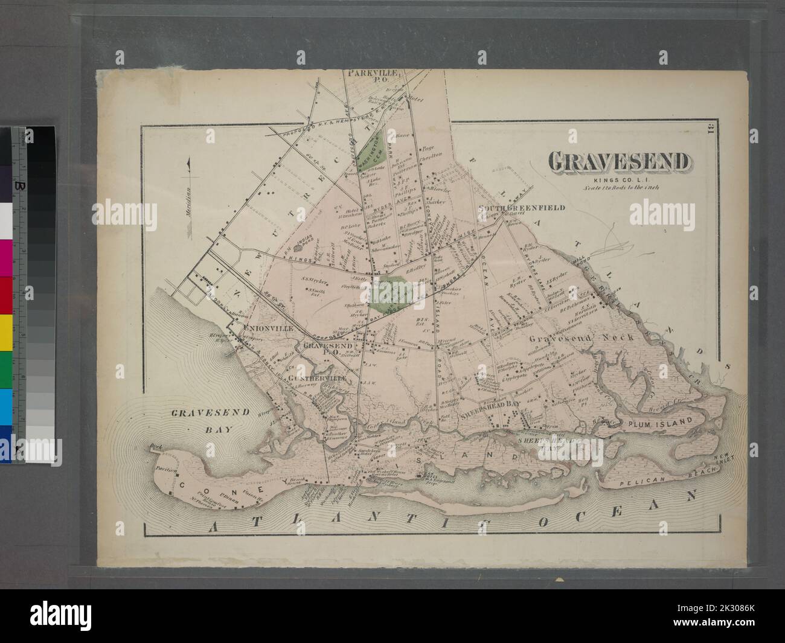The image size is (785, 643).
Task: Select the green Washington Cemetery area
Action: [x=370, y=151]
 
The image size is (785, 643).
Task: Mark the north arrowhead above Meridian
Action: [x=189, y=162]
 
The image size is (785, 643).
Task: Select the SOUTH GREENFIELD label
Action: [x=522, y=208]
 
